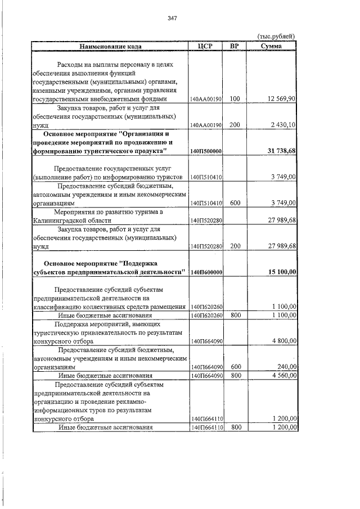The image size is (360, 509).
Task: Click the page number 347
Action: (x=173, y=19)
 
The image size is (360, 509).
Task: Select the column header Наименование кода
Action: (x=110, y=46)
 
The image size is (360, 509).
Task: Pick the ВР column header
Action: (x=235, y=46)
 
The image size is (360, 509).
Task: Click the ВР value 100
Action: (x=235, y=99)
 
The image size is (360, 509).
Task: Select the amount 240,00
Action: (x=287, y=367)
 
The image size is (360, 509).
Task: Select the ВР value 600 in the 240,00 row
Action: (x=235, y=367)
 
